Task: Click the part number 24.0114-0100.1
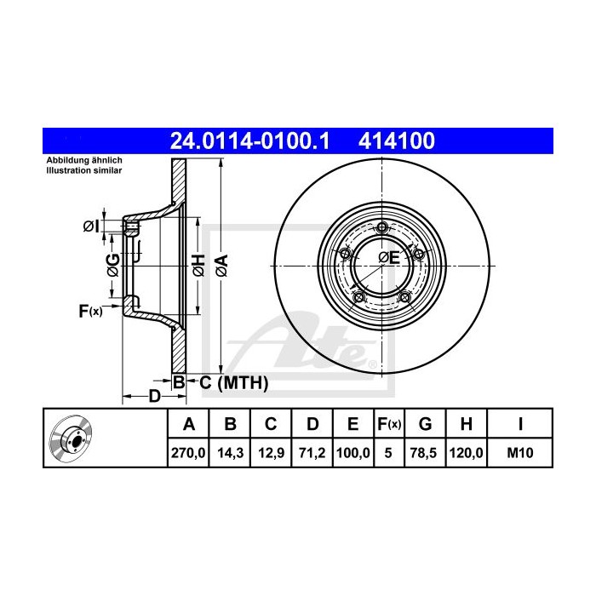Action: tap(249, 141)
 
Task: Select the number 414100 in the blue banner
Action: tap(397, 141)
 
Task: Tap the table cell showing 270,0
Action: tap(188, 453)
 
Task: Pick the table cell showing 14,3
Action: tap(230, 453)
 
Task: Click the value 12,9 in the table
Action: tap(271, 453)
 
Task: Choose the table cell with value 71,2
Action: tap(312, 453)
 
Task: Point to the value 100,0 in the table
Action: tap(353, 453)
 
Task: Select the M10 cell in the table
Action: tap(520, 453)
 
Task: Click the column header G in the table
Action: tap(426, 424)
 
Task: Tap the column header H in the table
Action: tap(467, 424)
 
